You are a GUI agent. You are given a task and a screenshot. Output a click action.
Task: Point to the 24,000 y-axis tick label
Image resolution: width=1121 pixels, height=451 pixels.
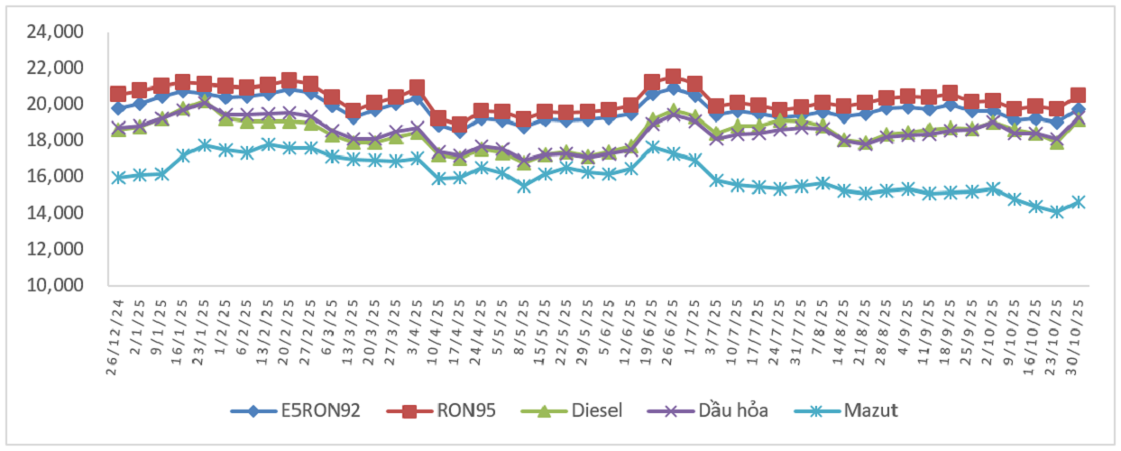tap(56, 32)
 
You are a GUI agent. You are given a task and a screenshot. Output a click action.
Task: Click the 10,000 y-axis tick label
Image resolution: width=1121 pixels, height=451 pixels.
tap(56, 285)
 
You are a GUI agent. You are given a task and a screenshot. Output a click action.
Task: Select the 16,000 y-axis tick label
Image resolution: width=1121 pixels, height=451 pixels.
tap(56, 177)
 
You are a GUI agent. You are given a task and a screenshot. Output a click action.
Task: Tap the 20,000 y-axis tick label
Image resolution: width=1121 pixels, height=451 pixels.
tap(56, 105)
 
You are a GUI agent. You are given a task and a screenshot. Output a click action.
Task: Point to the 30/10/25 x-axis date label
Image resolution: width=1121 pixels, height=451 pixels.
tap(1079, 323)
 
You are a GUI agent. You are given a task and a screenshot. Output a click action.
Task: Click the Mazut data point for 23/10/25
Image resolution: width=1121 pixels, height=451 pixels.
tap(1057, 212)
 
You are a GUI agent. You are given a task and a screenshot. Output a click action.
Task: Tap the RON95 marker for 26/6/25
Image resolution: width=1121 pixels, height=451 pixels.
tap(673, 78)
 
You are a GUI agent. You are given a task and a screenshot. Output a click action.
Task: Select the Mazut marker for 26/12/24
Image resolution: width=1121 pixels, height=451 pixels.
tap(118, 178)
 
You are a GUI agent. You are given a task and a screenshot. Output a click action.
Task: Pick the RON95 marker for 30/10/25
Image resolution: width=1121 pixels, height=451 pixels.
tap(1079, 96)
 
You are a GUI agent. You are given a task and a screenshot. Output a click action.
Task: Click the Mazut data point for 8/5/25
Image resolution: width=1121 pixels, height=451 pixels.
tap(524, 186)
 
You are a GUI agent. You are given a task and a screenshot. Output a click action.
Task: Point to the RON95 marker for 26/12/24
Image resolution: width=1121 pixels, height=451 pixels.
tap(118, 94)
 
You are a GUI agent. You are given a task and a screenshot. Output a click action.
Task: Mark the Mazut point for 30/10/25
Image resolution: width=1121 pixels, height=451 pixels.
tap(1079, 202)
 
